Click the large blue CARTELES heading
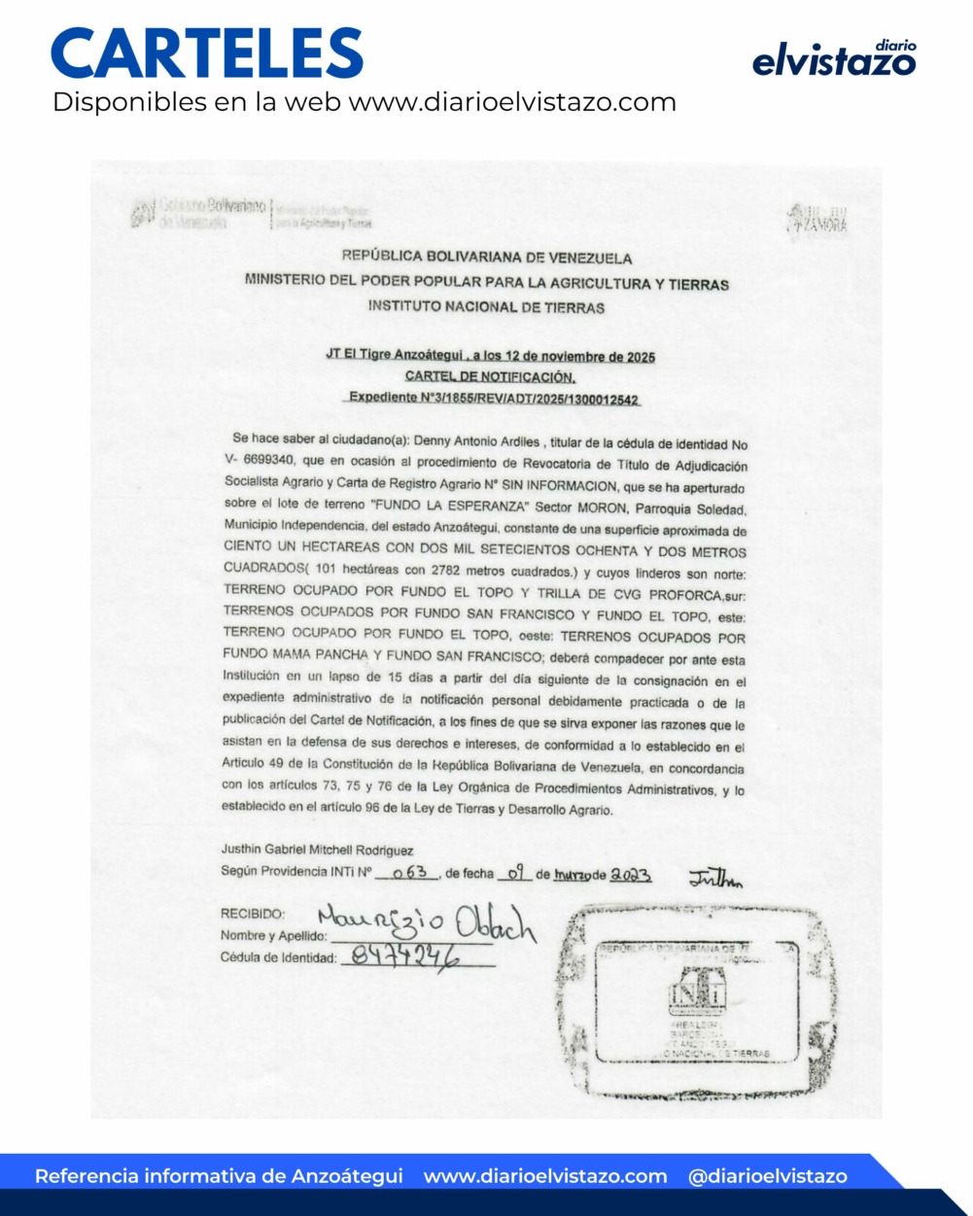pyautogui.click(x=207, y=53)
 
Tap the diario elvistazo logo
pyautogui.click(x=834, y=59)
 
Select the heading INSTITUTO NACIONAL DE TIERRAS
pyautogui.click(x=486, y=307)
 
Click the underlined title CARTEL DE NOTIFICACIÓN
pyautogui.click(x=490, y=376)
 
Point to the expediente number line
pyautogui.click(x=494, y=398)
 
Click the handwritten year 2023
pyautogui.click(x=631, y=874)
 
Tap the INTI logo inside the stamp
pyautogui.click(x=695, y=991)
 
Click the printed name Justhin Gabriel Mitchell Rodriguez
pyautogui.click(x=317, y=850)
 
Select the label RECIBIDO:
pyautogui.click(x=253, y=914)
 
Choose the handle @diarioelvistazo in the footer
pyautogui.click(x=767, y=1176)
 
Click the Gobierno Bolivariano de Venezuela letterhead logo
pyautogui.click(x=199, y=213)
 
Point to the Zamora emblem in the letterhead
pyautogui.click(x=817, y=219)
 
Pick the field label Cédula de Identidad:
pyautogui.click(x=279, y=957)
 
